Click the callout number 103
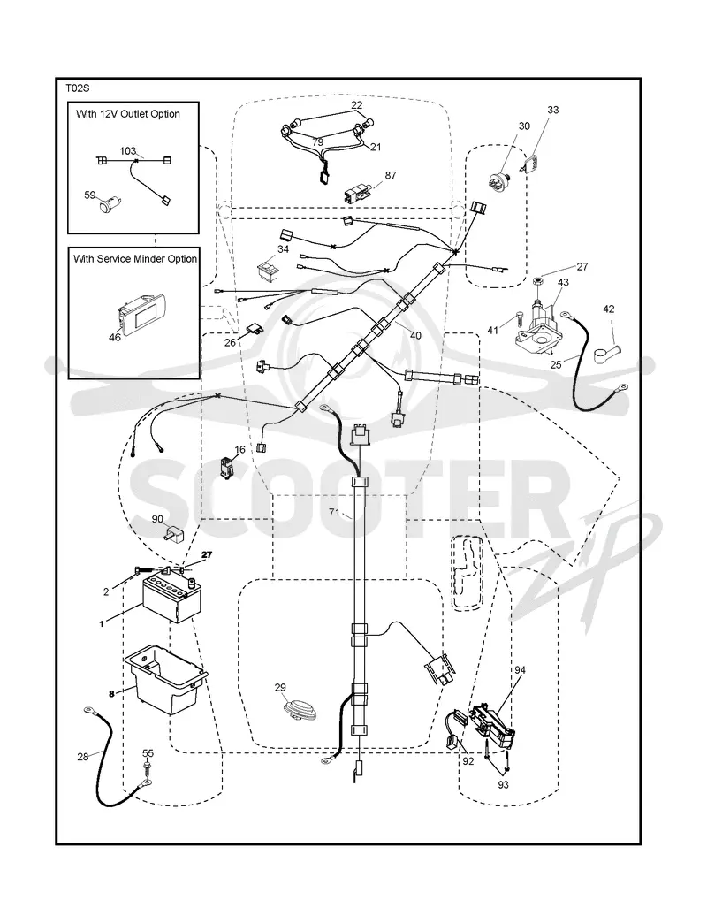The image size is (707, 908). (127, 151)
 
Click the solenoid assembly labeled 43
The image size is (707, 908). (535, 325)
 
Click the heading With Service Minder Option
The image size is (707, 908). (135, 259)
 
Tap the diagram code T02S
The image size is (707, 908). (77, 88)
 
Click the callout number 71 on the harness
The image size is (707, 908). (334, 512)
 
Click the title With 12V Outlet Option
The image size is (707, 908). (128, 114)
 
